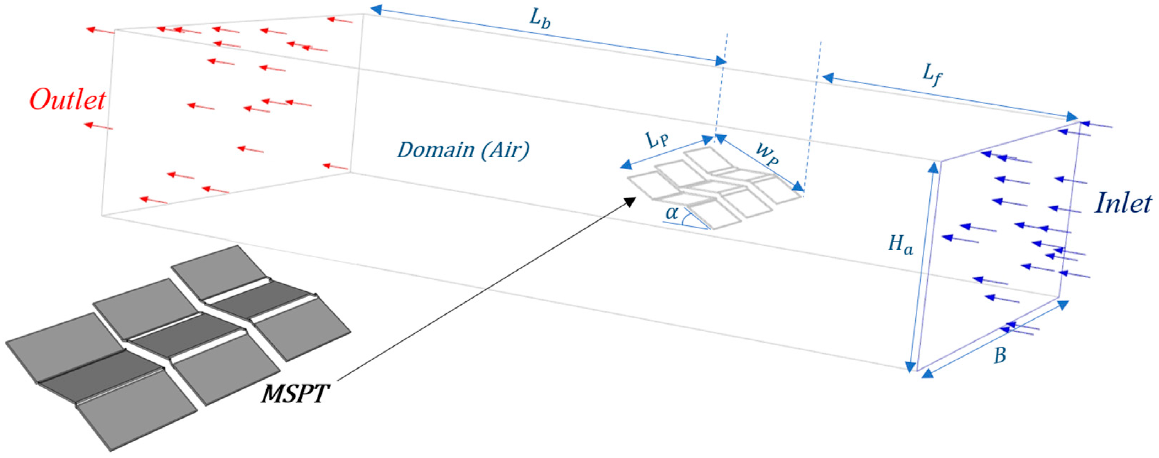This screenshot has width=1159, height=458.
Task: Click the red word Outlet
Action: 68,100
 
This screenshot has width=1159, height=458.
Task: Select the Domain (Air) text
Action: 463,150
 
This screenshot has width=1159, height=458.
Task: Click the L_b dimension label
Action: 539,19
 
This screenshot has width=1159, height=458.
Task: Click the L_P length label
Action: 657,140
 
